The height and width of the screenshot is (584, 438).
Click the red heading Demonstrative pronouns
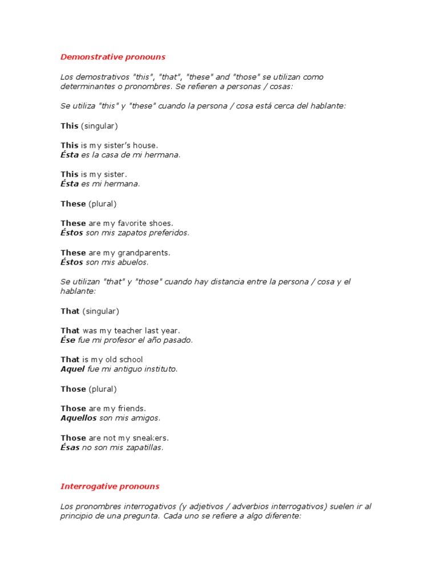tap(113, 57)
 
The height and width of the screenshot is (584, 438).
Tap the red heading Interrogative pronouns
tap(110, 486)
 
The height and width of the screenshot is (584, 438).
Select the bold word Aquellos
tap(79, 418)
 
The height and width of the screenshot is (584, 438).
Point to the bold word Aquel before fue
tap(72, 369)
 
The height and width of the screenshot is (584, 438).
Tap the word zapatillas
tap(141, 448)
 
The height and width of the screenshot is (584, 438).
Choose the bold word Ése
tap(68, 340)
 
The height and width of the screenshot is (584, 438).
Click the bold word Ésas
tap(70, 448)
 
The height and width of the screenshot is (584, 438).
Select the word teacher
tap(130, 330)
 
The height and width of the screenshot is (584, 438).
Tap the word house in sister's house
tap(145, 145)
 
